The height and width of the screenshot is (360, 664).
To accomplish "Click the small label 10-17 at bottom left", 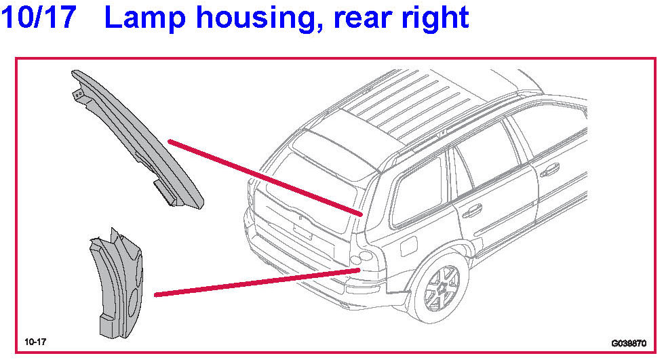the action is click(35, 340).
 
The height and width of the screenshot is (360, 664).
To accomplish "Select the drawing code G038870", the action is click(628, 343).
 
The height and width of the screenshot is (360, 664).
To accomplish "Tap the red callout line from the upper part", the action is click(265, 177).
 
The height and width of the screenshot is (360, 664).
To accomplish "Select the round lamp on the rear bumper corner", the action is click(360, 257).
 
